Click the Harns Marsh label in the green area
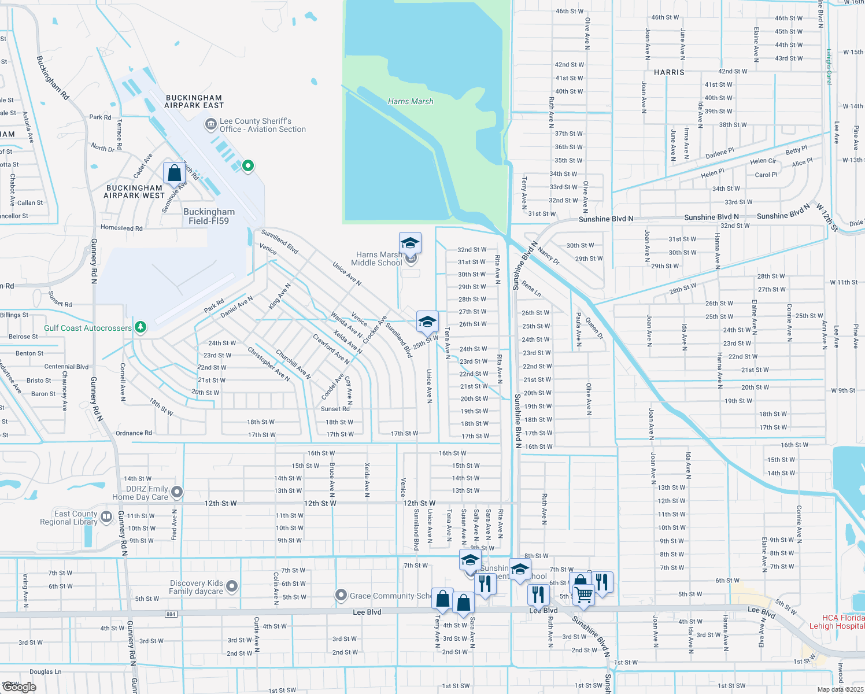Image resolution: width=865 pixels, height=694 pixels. pos(411,101)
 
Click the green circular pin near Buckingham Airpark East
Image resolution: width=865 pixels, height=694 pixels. pos(248,166)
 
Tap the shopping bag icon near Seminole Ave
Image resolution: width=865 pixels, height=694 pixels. pos(174,173)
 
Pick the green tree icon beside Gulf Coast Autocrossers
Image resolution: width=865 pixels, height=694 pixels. pos(140,327)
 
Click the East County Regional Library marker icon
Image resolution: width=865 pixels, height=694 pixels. pos(106,516)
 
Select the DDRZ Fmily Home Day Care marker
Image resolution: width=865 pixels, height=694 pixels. pos(177,492)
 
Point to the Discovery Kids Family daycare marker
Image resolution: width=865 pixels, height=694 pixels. pos(232,586)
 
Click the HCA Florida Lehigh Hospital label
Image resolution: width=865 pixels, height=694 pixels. pos(837,622)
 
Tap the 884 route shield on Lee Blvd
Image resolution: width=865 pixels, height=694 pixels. pos(171,614)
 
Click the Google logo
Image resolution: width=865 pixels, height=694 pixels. pos(19,686)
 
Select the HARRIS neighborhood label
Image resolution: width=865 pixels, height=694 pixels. pos(669,72)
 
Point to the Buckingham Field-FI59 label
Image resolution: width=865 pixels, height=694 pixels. pos(209,216)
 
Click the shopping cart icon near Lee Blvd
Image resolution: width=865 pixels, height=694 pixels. pos(584,594)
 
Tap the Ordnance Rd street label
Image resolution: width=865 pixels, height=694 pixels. pos(134,433)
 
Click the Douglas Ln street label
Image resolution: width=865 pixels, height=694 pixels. pos(45,671)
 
